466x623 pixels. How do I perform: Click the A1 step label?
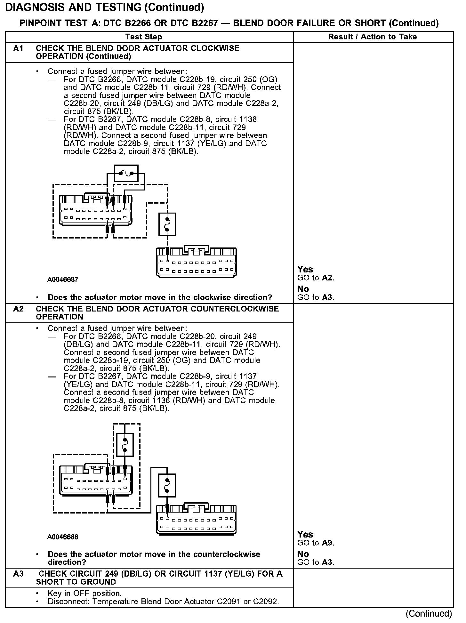[x=18, y=49]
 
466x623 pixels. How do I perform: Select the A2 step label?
[x=18, y=309]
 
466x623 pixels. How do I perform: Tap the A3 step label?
[x=18, y=574]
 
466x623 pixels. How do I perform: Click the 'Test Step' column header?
[x=143, y=37]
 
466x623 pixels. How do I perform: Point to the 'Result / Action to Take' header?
[x=373, y=37]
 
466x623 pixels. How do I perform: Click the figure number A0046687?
[x=63, y=280]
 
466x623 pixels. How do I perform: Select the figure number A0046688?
[x=63, y=537]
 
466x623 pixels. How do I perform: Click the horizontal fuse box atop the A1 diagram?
[x=126, y=174]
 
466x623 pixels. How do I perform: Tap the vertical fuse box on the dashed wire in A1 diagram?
[x=167, y=224]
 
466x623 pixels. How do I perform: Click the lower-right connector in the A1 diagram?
[x=197, y=262]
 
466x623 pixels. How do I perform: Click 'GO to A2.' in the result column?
[x=316, y=278]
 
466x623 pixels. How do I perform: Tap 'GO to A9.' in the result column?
[x=316, y=543]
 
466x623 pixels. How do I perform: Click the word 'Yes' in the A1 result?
[x=305, y=269]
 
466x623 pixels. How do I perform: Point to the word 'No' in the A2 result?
[x=303, y=554]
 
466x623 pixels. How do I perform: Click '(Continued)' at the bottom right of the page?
[x=429, y=613]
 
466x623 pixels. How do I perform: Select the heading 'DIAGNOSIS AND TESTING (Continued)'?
[x=105, y=8]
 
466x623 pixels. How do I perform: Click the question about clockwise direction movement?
[x=160, y=297]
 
